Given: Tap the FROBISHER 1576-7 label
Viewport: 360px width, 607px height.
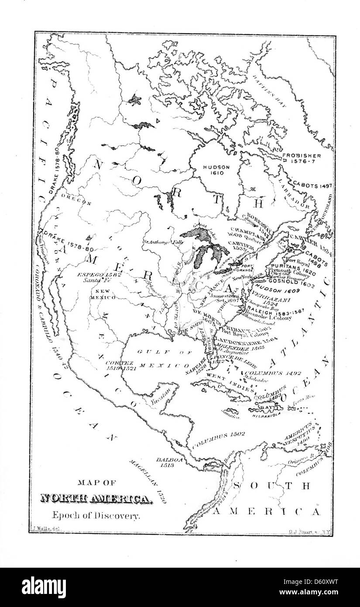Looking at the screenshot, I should [302, 158].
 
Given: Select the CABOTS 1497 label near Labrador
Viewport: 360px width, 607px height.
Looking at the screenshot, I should [312, 185].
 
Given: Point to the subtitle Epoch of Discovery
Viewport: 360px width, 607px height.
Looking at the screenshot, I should [96, 515].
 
